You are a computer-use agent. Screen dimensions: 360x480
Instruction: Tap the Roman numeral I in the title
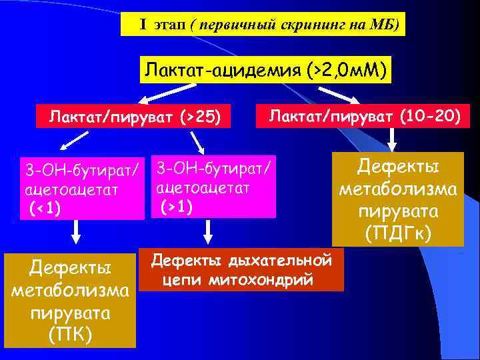[x=143, y=25]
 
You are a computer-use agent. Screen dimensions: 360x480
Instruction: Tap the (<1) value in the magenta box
[x=45, y=208]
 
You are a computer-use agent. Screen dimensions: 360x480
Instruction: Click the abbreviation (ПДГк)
[x=399, y=234]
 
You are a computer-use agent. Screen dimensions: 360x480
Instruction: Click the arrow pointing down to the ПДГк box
[x=392, y=139]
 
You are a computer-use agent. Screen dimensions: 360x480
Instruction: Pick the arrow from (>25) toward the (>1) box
[x=197, y=142]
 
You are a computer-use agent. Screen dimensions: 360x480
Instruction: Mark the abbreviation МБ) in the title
[x=387, y=25]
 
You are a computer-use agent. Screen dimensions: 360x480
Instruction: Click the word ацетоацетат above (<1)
[x=71, y=191]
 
